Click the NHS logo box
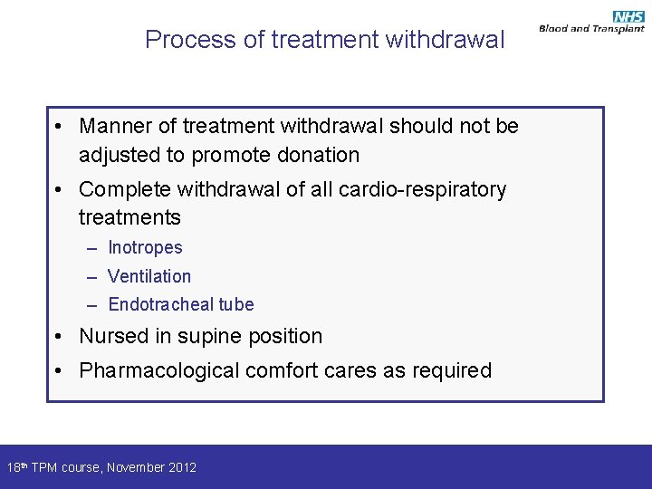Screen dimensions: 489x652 click(x=628, y=16)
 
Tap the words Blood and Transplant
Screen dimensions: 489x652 click(x=590, y=29)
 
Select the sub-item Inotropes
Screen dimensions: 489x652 click(x=145, y=248)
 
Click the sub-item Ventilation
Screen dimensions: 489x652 click(x=149, y=276)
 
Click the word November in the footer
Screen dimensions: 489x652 click(x=136, y=468)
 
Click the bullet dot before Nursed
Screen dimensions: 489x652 click(x=57, y=337)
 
